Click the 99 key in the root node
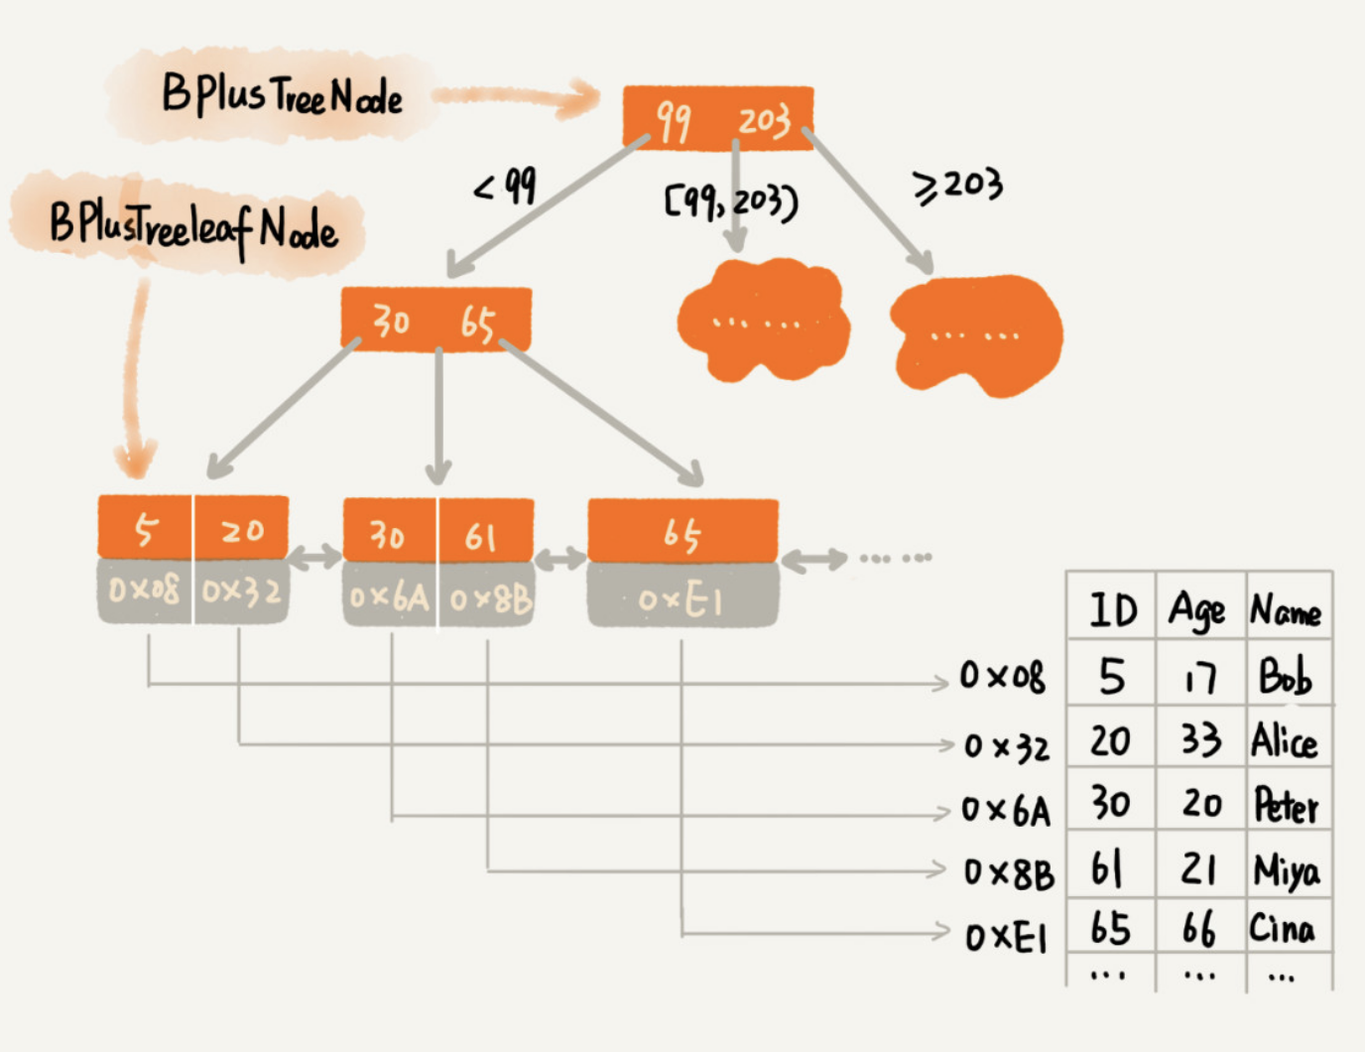pyautogui.click(x=674, y=121)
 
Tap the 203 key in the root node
pyautogui.click(x=764, y=121)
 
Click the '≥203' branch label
pyautogui.click(x=957, y=186)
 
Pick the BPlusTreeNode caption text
pyautogui.click(x=282, y=95)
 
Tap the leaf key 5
pyautogui.click(x=145, y=531)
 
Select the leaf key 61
pyautogui.click(x=480, y=537)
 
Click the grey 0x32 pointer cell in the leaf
pyautogui.click(x=241, y=592)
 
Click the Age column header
pyautogui.click(x=1196, y=610)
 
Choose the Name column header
pyautogui.click(x=1286, y=610)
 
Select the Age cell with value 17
pyautogui.click(x=1200, y=678)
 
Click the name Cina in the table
pyautogui.click(x=1282, y=928)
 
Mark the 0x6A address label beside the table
pyautogui.click(x=1006, y=811)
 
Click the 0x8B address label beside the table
pyautogui.click(x=1010, y=872)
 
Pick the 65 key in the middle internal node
pyautogui.click(x=478, y=323)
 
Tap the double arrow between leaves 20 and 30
pyautogui.click(x=315, y=557)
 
